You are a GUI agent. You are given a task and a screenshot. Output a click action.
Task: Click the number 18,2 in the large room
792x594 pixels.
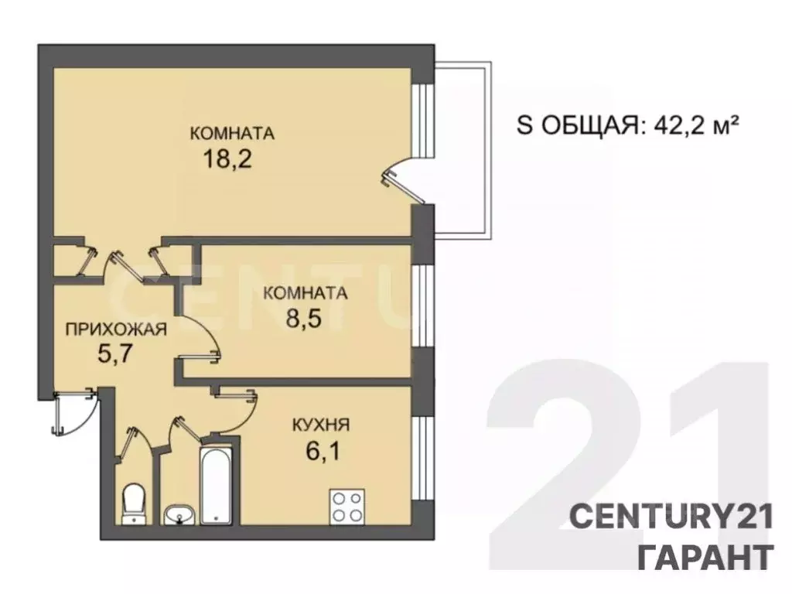coord(227,159)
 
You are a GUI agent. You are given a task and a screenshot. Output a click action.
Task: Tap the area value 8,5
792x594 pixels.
coord(305,319)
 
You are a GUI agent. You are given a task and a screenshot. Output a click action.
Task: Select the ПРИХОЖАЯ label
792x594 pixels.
coord(116,329)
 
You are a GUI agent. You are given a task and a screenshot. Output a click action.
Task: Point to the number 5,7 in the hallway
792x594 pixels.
coord(115,353)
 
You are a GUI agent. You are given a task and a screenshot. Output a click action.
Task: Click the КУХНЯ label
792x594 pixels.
coord(321,425)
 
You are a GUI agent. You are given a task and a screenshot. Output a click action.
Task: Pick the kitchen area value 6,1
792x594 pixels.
coord(323,451)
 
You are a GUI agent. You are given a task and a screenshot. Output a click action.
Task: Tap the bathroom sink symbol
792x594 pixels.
coord(179,514)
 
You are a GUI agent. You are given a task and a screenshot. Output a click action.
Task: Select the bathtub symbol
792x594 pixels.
coord(217,485)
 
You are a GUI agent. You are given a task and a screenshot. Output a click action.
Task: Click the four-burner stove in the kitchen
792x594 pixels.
coord(347,507)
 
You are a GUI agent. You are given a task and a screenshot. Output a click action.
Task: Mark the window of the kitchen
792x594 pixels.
coord(423,459)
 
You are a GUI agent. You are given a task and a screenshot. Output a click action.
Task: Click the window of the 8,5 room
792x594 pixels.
coord(423,306)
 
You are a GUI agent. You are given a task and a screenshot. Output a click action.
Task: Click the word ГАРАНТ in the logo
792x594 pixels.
coord(705,557)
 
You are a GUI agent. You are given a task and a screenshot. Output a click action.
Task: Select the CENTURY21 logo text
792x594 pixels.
coord(672,518)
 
